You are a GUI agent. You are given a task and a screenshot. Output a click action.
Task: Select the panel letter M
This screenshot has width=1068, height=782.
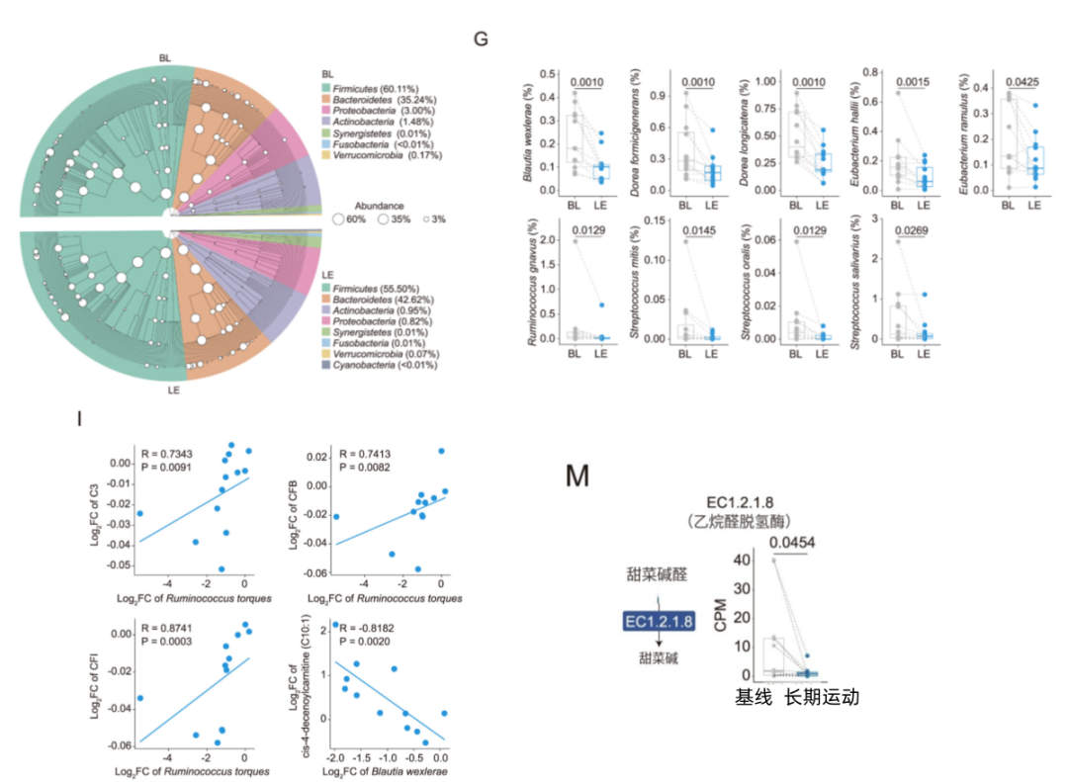click(577, 478)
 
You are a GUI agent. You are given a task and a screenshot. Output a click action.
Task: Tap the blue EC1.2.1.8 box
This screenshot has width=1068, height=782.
click(659, 621)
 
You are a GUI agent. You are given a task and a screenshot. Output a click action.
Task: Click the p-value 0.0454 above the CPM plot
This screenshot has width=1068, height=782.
click(790, 543)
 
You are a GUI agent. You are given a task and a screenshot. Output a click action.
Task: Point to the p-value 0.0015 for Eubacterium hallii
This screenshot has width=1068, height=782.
click(911, 81)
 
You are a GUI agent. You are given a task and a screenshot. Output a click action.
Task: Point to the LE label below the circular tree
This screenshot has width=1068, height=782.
click(174, 390)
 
